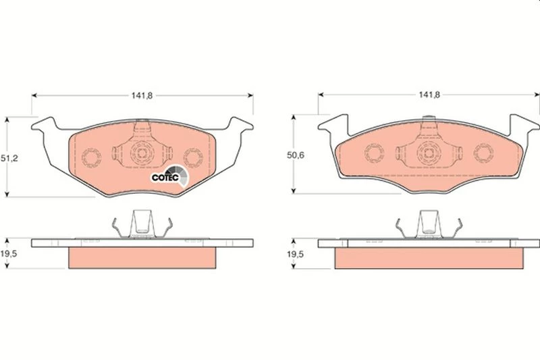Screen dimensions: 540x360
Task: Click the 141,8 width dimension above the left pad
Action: point(142,95)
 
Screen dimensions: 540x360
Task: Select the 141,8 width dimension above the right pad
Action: point(429,95)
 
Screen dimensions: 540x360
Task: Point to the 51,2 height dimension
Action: point(9,158)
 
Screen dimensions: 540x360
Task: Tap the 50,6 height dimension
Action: point(296,155)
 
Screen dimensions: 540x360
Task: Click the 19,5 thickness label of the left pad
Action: point(9,254)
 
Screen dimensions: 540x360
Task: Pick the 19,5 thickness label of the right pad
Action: point(296,254)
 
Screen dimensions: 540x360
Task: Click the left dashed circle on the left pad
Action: point(91,157)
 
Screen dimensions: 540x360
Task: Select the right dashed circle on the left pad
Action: point(193,158)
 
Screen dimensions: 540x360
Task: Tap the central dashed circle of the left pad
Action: point(142,153)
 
